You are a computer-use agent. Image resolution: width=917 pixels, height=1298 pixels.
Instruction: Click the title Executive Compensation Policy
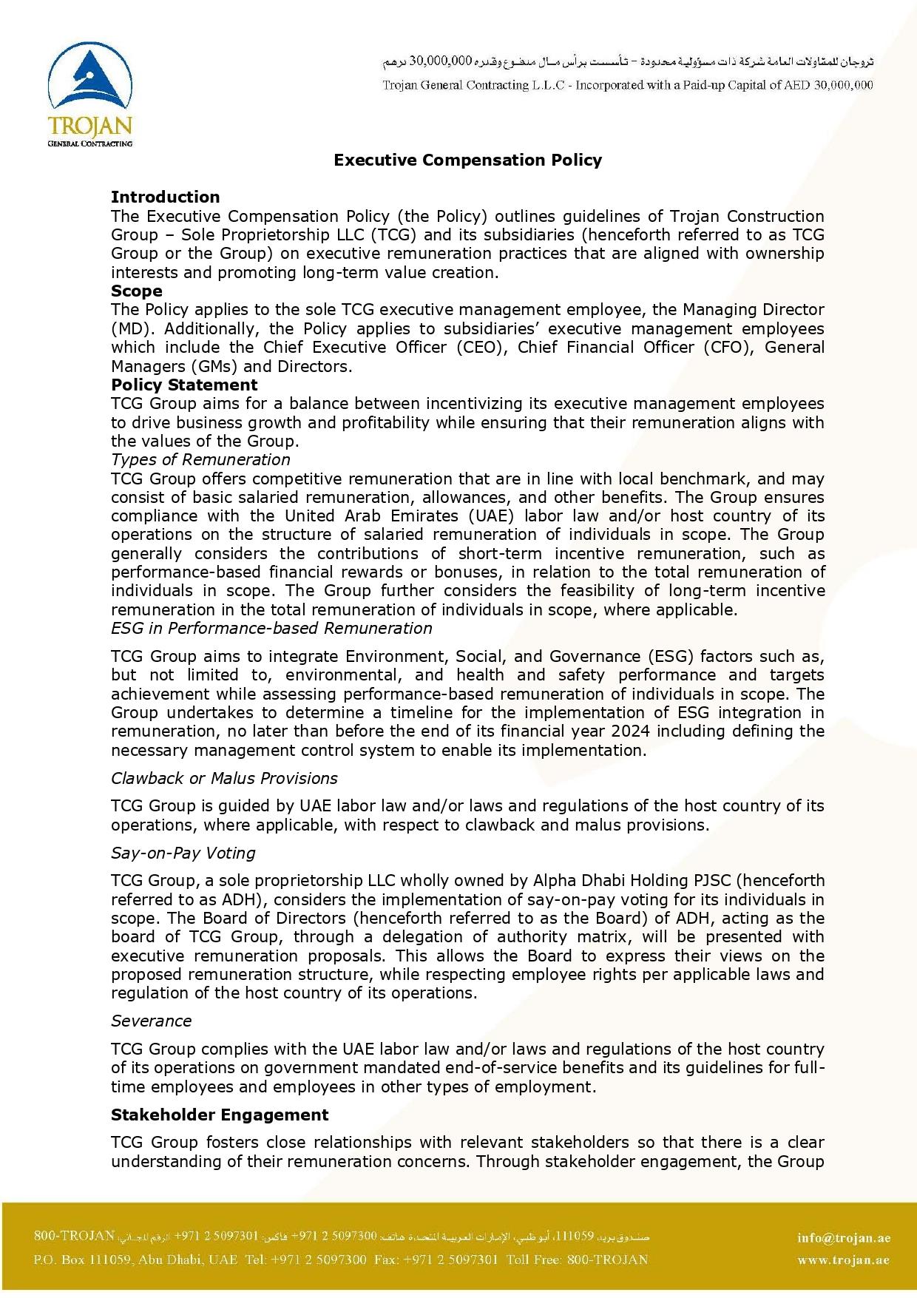[x=467, y=160]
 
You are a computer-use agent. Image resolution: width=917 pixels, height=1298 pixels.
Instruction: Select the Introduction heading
[x=165, y=197]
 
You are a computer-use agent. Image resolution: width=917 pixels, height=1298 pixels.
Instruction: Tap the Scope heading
[x=136, y=291]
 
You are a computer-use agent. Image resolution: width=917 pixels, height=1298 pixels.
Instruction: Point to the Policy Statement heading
[x=184, y=385]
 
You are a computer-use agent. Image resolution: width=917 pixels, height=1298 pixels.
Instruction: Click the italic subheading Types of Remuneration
[x=200, y=459]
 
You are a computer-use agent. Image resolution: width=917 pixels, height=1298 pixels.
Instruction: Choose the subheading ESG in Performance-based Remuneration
[x=271, y=628]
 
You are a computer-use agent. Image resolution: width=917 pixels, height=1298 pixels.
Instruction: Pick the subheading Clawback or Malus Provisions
[x=224, y=778]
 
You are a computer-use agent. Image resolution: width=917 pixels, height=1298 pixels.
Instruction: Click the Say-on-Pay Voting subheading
[x=183, y=853]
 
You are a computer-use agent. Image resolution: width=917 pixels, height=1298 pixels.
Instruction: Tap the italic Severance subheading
[x=151, y=1021]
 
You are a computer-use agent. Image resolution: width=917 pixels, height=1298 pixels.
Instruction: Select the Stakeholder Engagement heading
[x=220, y=1115]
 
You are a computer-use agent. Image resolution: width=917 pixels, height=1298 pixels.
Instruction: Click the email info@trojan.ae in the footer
[x=844, y=1238]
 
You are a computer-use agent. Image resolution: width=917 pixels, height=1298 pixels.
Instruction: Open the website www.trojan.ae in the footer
[x=843, y=1260]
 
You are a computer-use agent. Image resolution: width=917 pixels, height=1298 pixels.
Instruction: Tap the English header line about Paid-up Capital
[x=627, y=85]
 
